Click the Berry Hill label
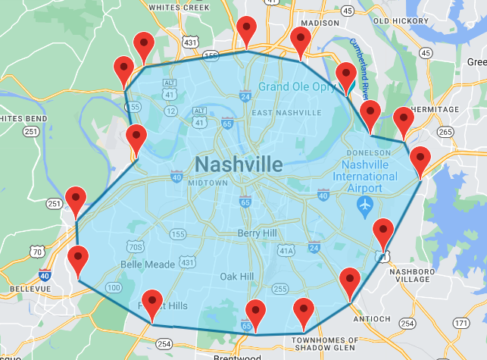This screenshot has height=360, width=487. [259, 233]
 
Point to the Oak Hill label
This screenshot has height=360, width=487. [236, 277]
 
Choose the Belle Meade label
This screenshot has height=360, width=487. [148, 265]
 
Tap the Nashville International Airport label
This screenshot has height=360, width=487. [370, 171]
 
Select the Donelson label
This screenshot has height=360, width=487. [368, 152]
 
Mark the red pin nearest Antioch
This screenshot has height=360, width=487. [350, 283]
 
